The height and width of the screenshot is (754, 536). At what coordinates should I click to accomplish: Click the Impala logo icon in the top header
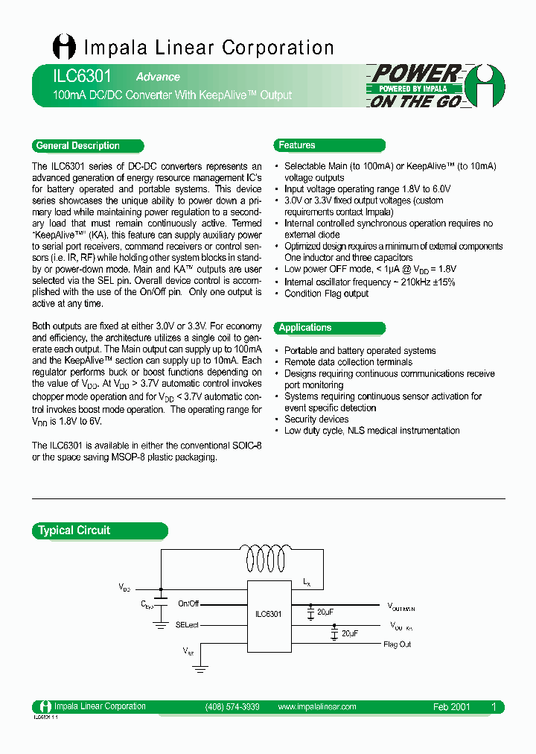(64, 47)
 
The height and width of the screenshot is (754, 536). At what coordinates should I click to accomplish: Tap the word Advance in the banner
(158, 77)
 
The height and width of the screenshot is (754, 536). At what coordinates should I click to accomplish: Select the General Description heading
(78, 146)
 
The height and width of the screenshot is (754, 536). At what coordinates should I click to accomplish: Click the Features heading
(297, 145)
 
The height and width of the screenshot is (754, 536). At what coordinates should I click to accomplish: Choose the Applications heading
(305, 328)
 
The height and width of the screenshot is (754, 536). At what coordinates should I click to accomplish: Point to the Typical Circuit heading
(74, 530)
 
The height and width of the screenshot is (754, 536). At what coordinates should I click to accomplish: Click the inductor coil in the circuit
(269, 558)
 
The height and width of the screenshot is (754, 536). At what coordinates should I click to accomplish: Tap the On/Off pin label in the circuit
(188, 603)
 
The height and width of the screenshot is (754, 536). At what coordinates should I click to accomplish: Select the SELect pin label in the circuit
(188, 625)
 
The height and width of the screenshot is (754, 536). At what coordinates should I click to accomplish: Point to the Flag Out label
(397, 644)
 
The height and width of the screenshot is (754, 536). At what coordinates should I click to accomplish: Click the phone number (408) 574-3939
(232, 707)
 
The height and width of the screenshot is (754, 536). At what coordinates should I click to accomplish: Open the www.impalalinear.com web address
(316, 707)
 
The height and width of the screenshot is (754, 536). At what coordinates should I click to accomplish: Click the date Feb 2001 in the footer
(451, 707)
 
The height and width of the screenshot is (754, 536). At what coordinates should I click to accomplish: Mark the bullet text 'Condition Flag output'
(326, 294)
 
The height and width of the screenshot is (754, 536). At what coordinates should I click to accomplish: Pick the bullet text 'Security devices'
(316, 419)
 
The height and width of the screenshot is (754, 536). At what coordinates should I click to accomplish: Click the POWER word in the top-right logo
(415, 73)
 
